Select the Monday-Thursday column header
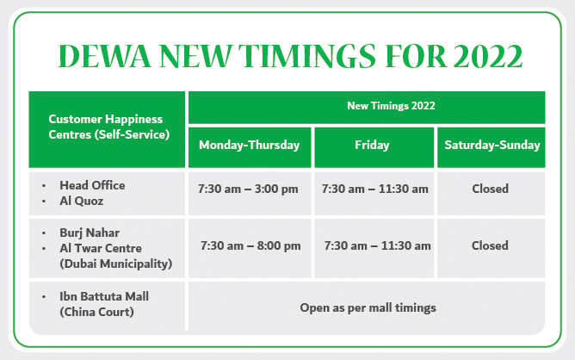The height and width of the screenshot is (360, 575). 249,146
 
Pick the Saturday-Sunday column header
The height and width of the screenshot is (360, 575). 492,146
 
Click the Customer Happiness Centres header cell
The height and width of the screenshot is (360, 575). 106,127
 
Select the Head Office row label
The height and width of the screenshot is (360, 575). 92,185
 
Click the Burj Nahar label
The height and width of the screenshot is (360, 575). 90,233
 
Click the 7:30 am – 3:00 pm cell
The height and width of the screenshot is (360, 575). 250,189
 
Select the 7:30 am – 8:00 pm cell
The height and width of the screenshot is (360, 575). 250,245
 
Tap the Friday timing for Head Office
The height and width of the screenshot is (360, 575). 374,189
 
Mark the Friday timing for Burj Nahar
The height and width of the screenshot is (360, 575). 378,245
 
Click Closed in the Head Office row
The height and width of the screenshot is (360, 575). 491,189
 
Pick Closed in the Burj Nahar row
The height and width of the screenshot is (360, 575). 491,245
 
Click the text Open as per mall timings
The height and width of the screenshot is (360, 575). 368,307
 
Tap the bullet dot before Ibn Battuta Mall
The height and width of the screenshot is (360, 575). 43,297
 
